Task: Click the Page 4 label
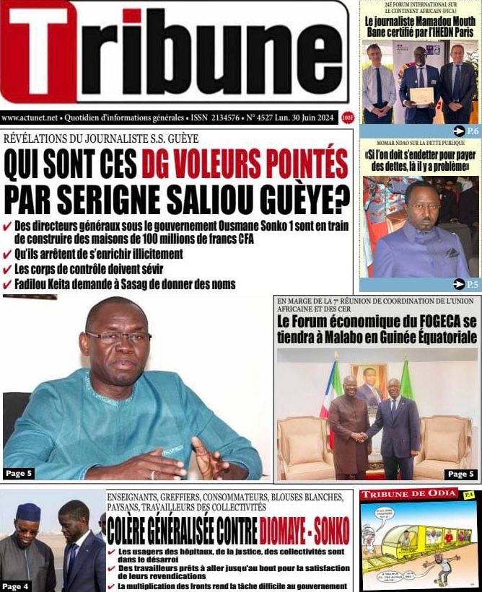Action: (x=17, y=586)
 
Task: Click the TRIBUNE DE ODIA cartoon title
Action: (x=408, y=494)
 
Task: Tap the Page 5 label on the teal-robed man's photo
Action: (x=19, y=473)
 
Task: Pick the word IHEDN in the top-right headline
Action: (x=436, y=32)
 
